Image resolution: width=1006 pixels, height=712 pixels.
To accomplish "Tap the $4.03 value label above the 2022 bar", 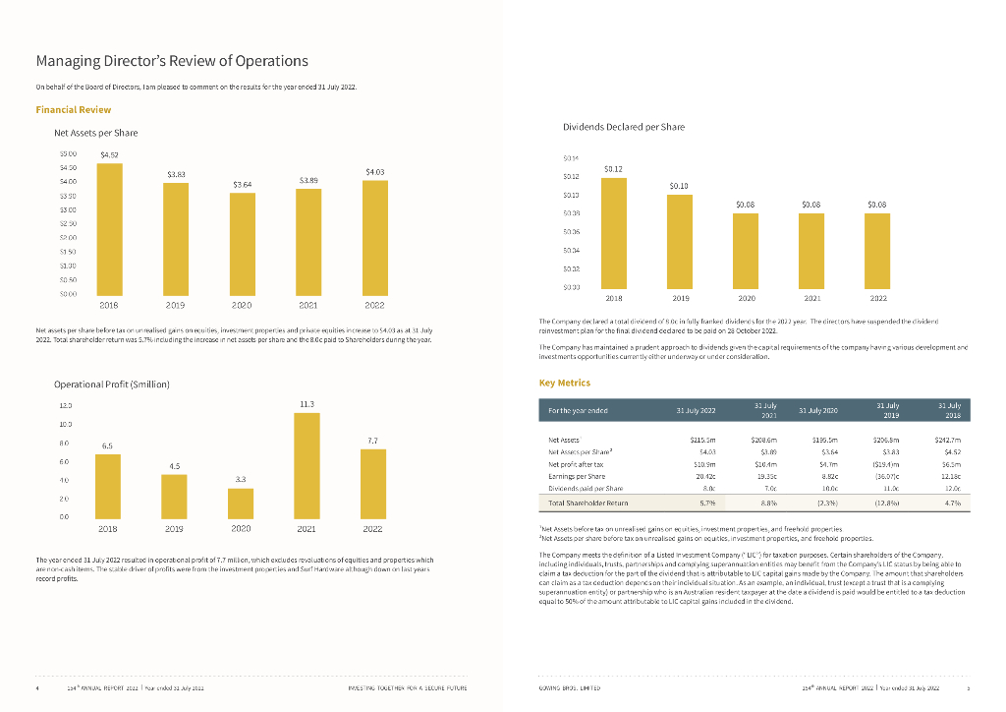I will point(374,172).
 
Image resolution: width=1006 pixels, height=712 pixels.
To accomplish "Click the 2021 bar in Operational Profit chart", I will point(307,462).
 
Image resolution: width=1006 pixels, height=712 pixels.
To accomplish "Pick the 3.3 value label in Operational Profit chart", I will point(241,479).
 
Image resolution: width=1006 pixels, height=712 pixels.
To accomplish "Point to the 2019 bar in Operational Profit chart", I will point(174,496).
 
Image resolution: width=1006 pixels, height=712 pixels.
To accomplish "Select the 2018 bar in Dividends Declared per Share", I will point(613,232).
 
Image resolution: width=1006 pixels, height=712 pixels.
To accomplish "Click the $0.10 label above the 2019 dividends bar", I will point(679,185).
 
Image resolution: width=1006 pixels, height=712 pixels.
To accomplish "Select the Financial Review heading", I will point(73,109).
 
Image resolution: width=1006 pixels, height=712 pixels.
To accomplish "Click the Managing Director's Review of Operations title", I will point(171,61).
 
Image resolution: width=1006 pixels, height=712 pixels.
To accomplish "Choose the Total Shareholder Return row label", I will point(587,503).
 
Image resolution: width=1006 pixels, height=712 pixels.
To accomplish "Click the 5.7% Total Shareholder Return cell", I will point(704,503).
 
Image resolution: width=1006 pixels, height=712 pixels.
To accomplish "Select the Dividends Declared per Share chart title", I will point(624,127).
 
